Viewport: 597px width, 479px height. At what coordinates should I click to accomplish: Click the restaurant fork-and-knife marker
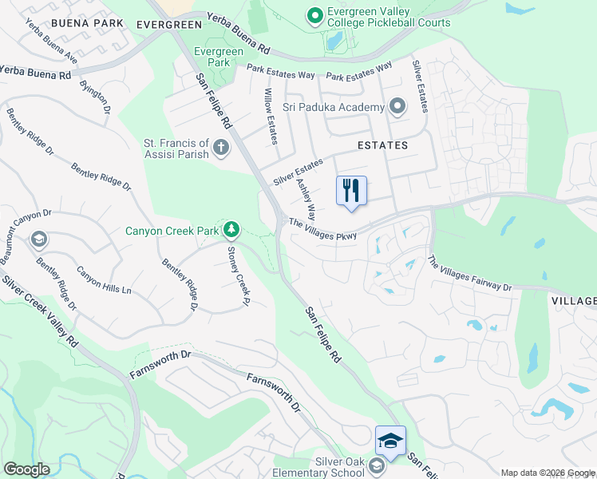coord(351,192)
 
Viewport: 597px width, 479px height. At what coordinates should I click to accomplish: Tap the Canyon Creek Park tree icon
coord(231,231)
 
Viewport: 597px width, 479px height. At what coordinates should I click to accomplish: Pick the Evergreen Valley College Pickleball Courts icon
coord(314,15)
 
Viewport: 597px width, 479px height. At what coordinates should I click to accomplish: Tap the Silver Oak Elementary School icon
coord(376,465)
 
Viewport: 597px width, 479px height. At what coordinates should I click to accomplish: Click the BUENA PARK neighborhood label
coord(88,23)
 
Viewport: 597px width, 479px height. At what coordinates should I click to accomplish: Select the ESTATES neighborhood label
coord(382,145)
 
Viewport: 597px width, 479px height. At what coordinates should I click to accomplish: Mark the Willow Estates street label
coord(271,117)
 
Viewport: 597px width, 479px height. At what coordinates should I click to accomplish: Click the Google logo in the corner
coord(26,469)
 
